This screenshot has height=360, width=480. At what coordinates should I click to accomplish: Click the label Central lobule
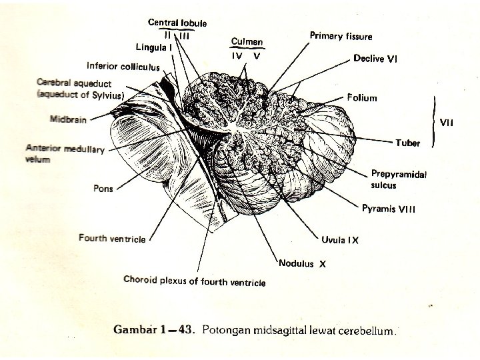(x=177, y=23)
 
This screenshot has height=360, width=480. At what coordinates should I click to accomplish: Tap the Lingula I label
(x=155, y=47)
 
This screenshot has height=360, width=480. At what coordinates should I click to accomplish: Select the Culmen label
(x=247, y=41)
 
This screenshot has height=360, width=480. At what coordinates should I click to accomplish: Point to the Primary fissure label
(x=341, y=36)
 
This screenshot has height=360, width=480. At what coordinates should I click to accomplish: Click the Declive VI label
(x=375, y=59)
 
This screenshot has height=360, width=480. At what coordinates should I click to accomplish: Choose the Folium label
(x=362, y=98)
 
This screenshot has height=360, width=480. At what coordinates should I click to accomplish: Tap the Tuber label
(x=408, y=143)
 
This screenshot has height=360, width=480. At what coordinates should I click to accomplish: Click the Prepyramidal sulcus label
(x=399, y=179)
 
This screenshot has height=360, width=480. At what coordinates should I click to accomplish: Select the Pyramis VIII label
(x=389, y=209)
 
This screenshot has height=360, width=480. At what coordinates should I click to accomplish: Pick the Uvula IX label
(x=340, y=240)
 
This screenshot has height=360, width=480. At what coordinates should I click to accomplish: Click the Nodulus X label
(x=302, y=263)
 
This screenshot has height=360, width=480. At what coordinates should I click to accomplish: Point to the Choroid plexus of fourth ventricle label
(x=195, y=281)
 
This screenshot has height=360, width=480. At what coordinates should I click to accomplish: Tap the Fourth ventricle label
(x=111, y=238)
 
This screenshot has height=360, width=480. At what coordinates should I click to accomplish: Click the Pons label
(x=103, y=188)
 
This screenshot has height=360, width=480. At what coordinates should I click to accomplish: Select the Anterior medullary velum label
(x=65, y=153)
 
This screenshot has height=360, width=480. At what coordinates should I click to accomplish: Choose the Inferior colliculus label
(x=123, y=66)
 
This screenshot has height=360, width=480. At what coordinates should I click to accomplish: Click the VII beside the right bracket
(x=446, y=123)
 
